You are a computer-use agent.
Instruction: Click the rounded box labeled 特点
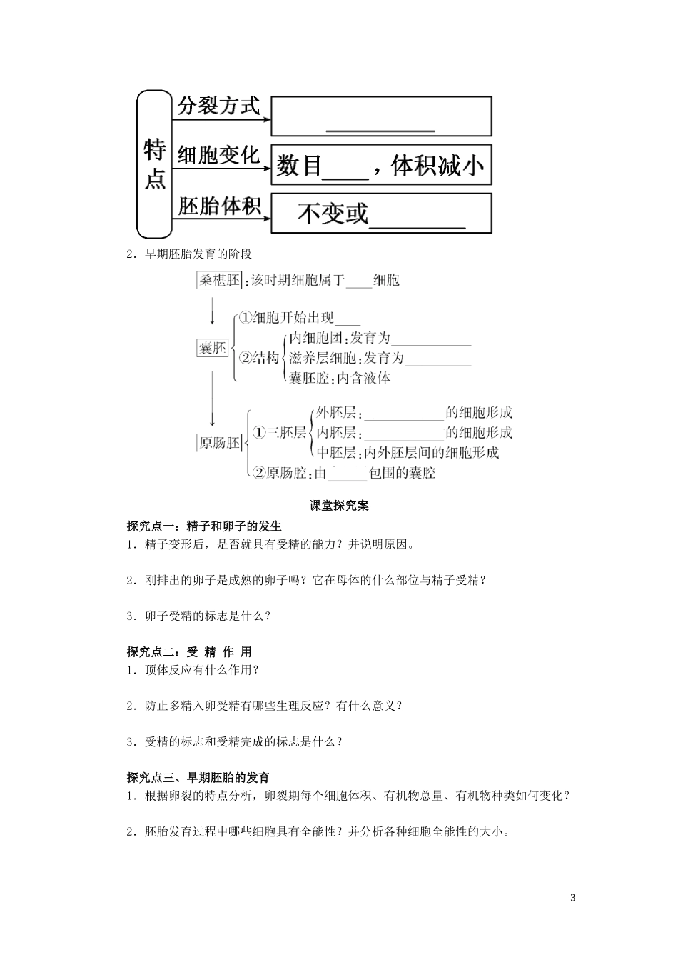pos(154,164)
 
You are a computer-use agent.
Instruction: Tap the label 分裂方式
pos(218,106)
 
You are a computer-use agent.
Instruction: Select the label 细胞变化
pos(218,155)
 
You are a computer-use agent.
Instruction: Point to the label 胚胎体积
pos(218,206)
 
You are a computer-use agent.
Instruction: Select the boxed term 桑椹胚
pos(219,280)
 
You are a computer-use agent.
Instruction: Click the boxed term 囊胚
pos(212,348)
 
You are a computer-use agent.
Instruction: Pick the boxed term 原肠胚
pos(219,443)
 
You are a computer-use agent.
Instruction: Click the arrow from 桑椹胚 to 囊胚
pos(212,313)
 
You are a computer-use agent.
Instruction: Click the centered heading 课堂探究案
pos(339,506)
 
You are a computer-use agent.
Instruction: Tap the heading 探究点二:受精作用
pos(189,651)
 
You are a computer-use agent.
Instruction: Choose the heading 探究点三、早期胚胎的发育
pos(198,778)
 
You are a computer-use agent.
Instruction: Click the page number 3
pos(573,897)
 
